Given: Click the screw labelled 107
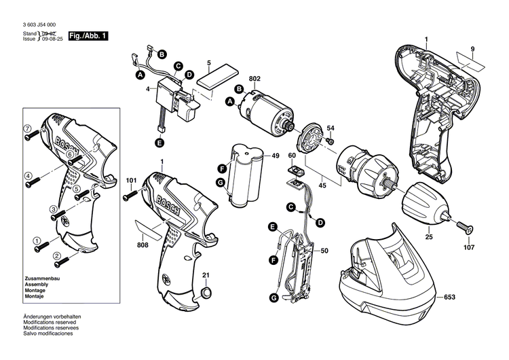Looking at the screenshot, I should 465,223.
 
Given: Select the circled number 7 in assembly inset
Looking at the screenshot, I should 29,128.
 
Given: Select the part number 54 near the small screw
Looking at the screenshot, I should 331,128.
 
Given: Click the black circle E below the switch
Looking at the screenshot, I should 159,143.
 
